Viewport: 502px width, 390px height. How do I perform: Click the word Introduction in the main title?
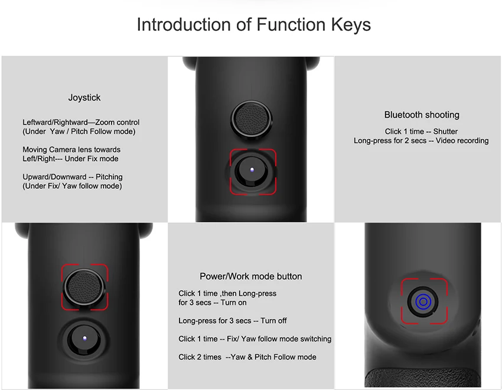tap(184, 24)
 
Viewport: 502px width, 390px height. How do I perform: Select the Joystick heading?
tap(84, 98)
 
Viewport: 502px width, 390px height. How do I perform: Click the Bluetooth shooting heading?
tap(422, 115)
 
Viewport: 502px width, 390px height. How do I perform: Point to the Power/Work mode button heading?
tap(250, 276)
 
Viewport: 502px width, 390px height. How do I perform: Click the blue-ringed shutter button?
tap(423, 301)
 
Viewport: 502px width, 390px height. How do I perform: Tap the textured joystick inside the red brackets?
tap(84, 286)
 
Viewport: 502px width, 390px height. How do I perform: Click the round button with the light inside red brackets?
tap(252, 170)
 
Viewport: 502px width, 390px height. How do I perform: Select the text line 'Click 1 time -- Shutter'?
tap(421, 131)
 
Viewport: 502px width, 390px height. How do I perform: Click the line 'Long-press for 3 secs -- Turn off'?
tap(233, 321)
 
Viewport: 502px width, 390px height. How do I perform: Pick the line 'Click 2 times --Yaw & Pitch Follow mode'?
tap(247, 357)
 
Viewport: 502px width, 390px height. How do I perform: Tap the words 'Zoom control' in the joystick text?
tap(117, 122)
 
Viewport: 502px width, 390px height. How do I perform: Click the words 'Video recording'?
tap(462, 140)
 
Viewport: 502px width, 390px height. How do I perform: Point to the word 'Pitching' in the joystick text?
tap(109, 177)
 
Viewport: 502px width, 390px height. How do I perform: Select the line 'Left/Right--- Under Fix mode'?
tap(70, 159)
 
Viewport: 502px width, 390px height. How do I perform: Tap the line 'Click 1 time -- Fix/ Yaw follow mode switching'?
tap(255, 339)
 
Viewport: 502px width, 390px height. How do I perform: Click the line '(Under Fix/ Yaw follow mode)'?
tap(72, 186)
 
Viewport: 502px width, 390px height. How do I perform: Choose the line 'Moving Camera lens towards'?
tap(71, 150)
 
